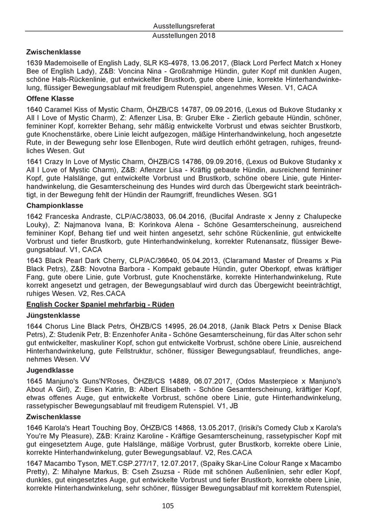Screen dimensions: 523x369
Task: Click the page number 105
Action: tap(184, 506)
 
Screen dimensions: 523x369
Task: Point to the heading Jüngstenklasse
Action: tap(51, 317)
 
